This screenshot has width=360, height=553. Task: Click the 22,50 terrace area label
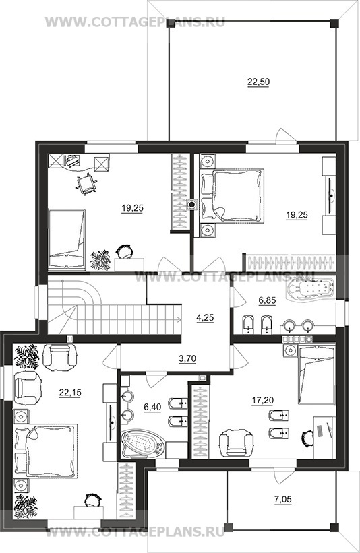258,82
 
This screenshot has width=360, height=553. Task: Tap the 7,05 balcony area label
284,499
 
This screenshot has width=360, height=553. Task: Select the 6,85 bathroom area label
267,300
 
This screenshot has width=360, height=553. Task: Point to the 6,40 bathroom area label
152,407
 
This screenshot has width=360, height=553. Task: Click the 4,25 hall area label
205,317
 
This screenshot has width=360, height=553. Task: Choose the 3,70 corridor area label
187,359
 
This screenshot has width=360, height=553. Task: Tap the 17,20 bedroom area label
263,400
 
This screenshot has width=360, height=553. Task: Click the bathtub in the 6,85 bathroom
311,289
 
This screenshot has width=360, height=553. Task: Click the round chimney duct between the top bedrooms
191,204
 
